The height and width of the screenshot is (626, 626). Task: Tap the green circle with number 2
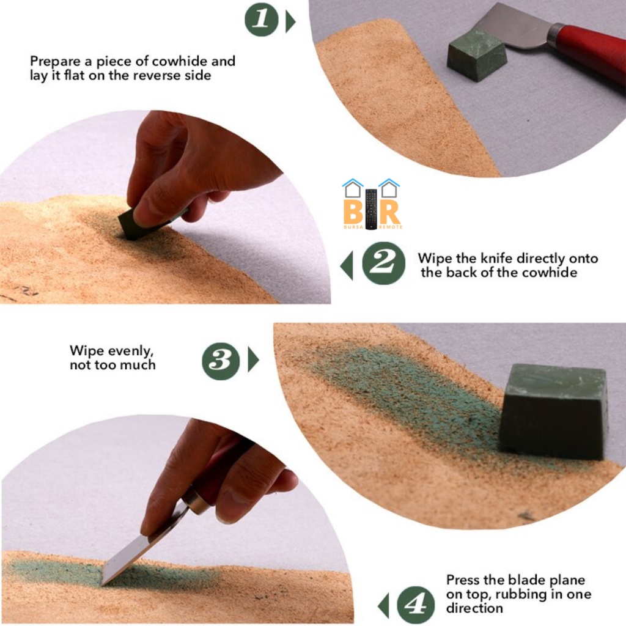(383, 263)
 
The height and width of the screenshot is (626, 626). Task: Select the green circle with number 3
(221, 361)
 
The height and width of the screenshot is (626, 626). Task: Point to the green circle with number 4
(416, 605)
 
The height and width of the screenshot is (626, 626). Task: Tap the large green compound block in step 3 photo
(553, 411)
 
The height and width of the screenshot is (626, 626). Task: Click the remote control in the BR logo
(371, 209)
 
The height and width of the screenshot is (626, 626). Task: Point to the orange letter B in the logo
(353, 211)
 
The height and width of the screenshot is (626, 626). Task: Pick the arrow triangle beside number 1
(290, 22)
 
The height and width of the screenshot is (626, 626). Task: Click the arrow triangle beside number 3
(252, 359)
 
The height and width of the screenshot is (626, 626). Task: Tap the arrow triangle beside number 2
(347, 265)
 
